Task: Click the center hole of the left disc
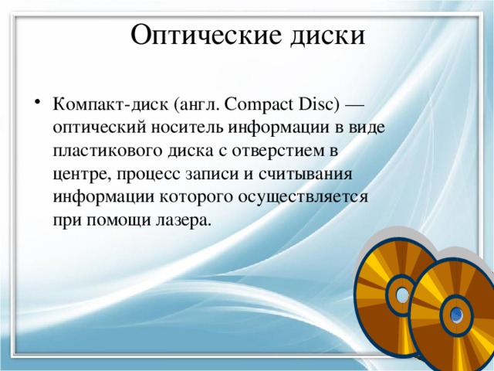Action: (402, 294)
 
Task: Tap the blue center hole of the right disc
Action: (458, 314)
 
